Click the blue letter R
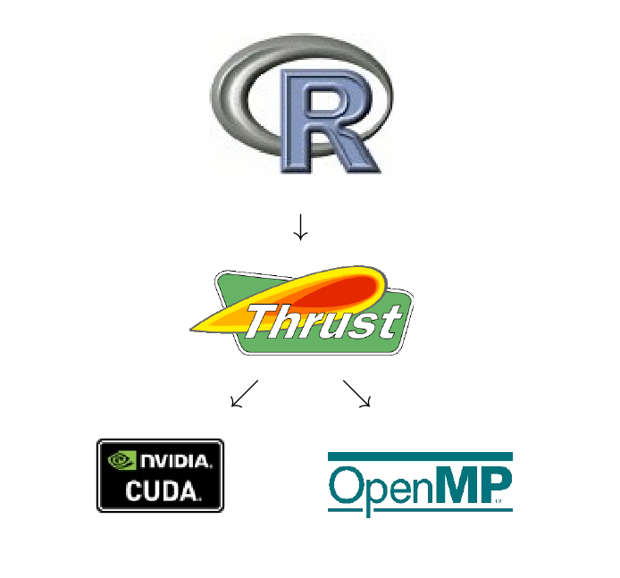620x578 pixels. tap(327, 121)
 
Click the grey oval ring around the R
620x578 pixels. tap(301, 99)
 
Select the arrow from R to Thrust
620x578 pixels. tap(300, 227)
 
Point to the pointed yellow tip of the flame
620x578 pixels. tap(191, 329)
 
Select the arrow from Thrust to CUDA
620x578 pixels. tap(245, 393)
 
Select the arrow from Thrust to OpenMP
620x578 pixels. tap(356, 393)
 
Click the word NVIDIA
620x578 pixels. tap(176, 461)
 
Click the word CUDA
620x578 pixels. tap(163, 490)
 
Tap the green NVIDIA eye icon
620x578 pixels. tap(121, 461)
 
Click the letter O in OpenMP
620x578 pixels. tap(345, 485)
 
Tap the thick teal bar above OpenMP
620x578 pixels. tap(420, 457)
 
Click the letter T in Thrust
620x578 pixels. tap(262, 321)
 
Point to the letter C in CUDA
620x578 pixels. tap(134, 490)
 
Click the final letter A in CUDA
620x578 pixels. tap(189, 491)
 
